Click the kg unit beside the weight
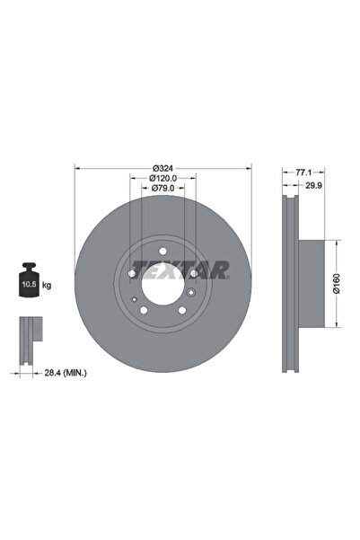pos(46,285)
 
